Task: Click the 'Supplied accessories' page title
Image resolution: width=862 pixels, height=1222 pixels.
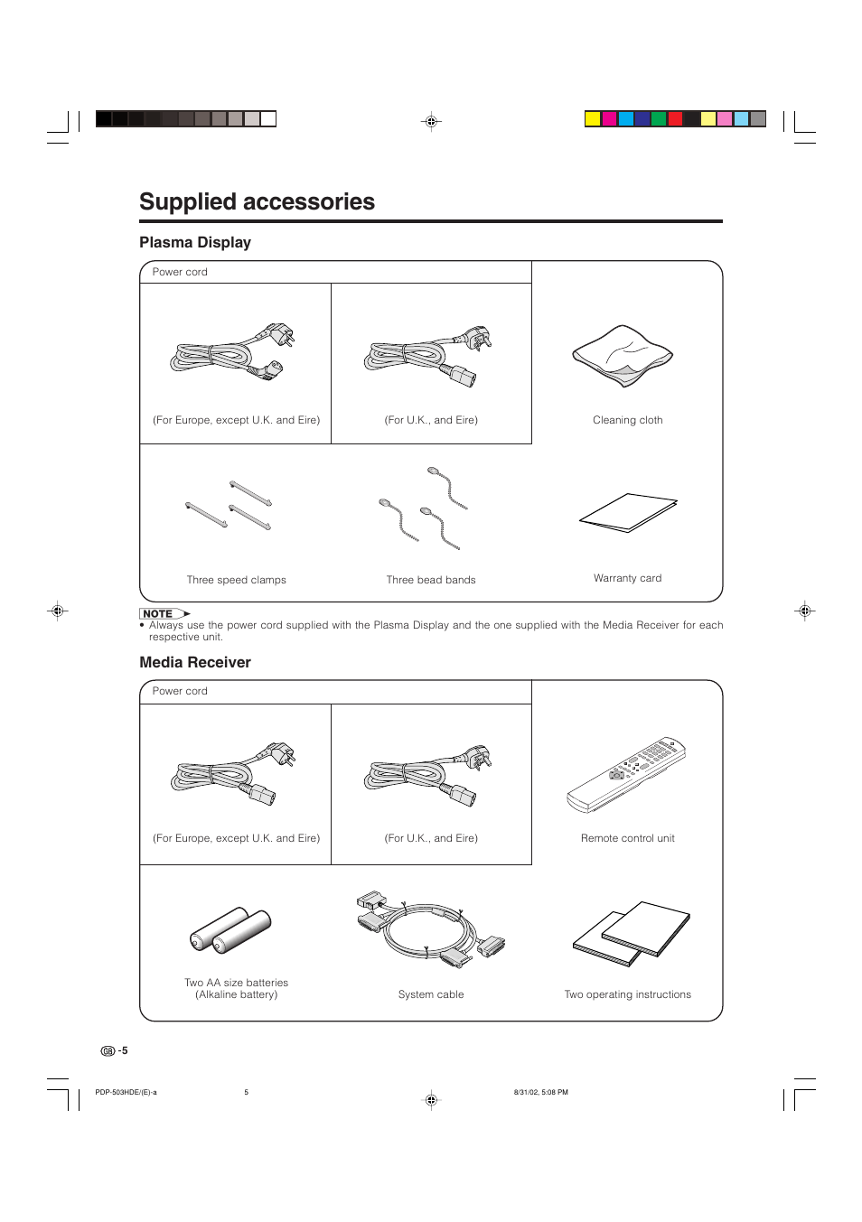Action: tap(257, 201)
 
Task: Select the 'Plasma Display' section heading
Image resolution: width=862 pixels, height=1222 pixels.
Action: tap(195, 242)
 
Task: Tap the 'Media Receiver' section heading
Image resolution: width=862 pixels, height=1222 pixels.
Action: tap(195, 662)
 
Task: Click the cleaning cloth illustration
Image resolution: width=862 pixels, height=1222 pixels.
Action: tap(623, 355)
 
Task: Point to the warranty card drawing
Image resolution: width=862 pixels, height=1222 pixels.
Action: tap(628, 512)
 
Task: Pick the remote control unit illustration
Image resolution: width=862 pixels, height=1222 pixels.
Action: tap(626, 774)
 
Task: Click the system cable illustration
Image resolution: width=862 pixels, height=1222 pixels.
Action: tap(431, 929)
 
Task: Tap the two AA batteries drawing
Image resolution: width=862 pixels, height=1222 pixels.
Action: tap(231, 929)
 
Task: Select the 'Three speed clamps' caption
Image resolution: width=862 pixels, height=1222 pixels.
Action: tap(236, 580)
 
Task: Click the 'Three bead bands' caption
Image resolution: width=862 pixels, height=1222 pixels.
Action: tap(431, 580)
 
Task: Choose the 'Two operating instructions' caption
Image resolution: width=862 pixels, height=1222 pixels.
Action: tap(628, 994)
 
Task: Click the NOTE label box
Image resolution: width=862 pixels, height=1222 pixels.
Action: tap(158, 614)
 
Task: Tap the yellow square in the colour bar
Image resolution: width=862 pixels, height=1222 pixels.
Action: tap(593, 118)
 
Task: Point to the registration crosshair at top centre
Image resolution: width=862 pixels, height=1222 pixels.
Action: tap(432, 121)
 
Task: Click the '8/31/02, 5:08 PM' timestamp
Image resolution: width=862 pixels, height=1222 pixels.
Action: tap(541, 1092)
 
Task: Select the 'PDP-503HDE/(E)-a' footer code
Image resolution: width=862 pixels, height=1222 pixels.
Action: tap(126, 1092)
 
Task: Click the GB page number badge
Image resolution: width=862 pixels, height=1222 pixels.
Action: tap(108, 1050)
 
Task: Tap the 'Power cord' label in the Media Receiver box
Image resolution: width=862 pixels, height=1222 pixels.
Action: tap(180, 691)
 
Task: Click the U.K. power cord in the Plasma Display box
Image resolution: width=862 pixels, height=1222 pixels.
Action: tap(428, 357)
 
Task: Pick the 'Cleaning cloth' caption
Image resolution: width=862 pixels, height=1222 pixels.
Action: tap(628, 420)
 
